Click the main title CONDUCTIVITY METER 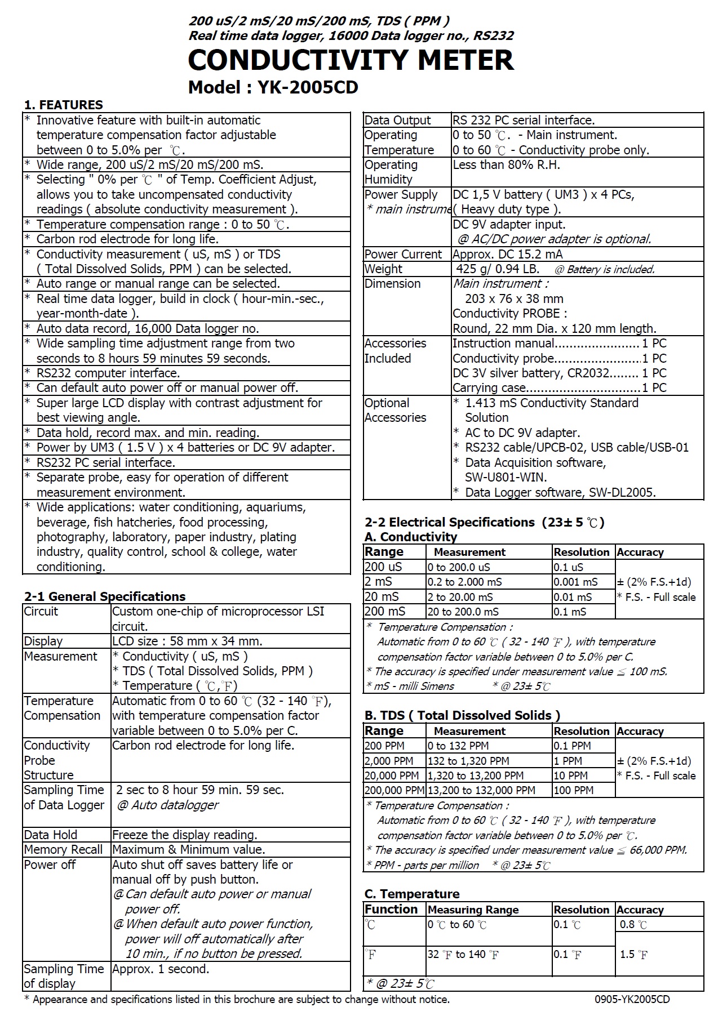(x=351, y=60)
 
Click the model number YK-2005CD (x=308, y=87)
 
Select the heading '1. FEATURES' (x=63, y=105)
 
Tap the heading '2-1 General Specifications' (x=105, y=596)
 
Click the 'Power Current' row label (x=403, y=254)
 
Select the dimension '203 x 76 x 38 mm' (x=514, y=298)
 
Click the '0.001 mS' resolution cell (x=575, y=582)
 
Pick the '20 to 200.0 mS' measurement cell (x=463, y=612)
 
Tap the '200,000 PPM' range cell (x=394, y=790)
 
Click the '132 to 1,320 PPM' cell (x=468, y=761)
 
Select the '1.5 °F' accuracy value (x=633, y=954)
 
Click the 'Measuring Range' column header (x=473, y=910)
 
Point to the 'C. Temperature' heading (x=412, y=894)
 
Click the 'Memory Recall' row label (x=63, y=849)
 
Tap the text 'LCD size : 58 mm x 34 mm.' (x=187, y=641)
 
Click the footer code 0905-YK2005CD (x=632, y=999)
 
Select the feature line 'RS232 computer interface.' (x=108, y=373)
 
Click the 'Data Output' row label (x=397, y=120)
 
